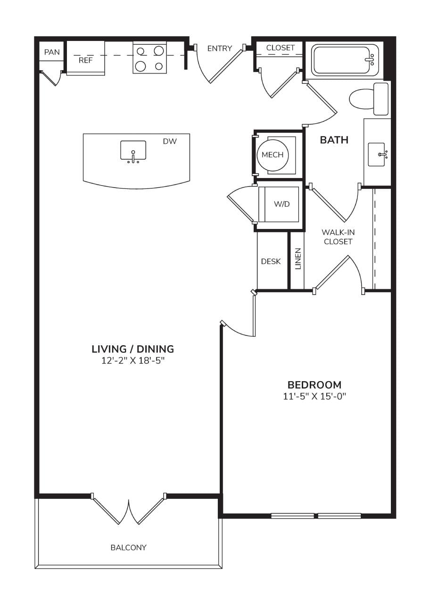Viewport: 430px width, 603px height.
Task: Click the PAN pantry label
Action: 52,52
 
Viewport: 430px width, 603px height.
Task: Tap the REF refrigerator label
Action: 86,61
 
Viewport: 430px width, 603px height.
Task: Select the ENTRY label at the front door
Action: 220,49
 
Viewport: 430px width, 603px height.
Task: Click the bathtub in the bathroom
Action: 345,59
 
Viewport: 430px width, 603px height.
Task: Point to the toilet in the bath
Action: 369,99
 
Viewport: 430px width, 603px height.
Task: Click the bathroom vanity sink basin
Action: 376,155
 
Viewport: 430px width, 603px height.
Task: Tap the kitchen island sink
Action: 133,151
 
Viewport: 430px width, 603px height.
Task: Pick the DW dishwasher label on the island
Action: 170,141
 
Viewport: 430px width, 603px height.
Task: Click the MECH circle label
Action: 273,155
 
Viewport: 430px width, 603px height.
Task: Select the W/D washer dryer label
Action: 281,204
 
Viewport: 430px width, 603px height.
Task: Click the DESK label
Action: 271,261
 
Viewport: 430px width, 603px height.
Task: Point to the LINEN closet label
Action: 298,259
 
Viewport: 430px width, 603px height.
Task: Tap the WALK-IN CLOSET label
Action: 338,237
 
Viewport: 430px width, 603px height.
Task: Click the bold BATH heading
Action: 334,140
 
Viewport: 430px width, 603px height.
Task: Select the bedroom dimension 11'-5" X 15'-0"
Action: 314,396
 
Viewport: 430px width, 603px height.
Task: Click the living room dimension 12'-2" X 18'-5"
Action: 133,361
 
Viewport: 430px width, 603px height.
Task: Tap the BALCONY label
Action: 129,547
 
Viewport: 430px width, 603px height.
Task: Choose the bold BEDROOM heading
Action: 314,385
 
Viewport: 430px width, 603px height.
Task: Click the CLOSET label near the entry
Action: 280,48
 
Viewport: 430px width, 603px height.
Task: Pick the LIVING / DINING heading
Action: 133,349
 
